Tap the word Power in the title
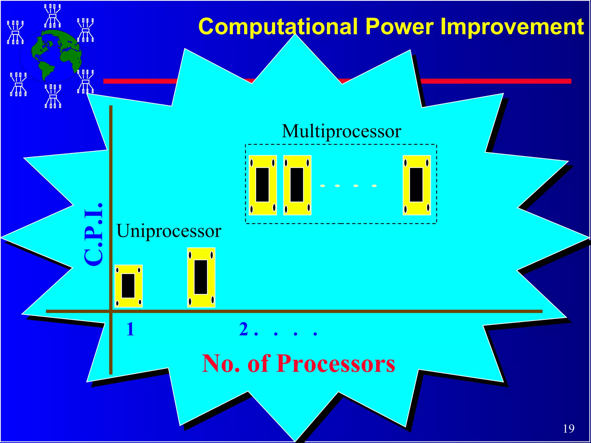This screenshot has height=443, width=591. tap(399, 27)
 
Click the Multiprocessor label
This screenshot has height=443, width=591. tap(341, 131)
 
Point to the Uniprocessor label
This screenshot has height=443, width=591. tap(169, 231)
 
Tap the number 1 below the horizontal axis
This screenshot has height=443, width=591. tap(130, 329)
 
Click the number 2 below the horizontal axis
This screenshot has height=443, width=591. tap(244, 329)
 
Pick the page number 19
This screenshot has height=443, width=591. tap(568, 429)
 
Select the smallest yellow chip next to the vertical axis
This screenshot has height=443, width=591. tap(128, 286)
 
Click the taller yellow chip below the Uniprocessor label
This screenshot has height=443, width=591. tap(201, 277)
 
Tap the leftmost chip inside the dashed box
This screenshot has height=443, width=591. tap(263, 185)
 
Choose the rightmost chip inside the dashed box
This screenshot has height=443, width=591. tap(416, 185)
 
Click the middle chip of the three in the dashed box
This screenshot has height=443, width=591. tap(297, 185)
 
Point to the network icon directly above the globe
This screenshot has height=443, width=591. tap(53, 16)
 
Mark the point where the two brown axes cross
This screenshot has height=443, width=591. tap(111, 311)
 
